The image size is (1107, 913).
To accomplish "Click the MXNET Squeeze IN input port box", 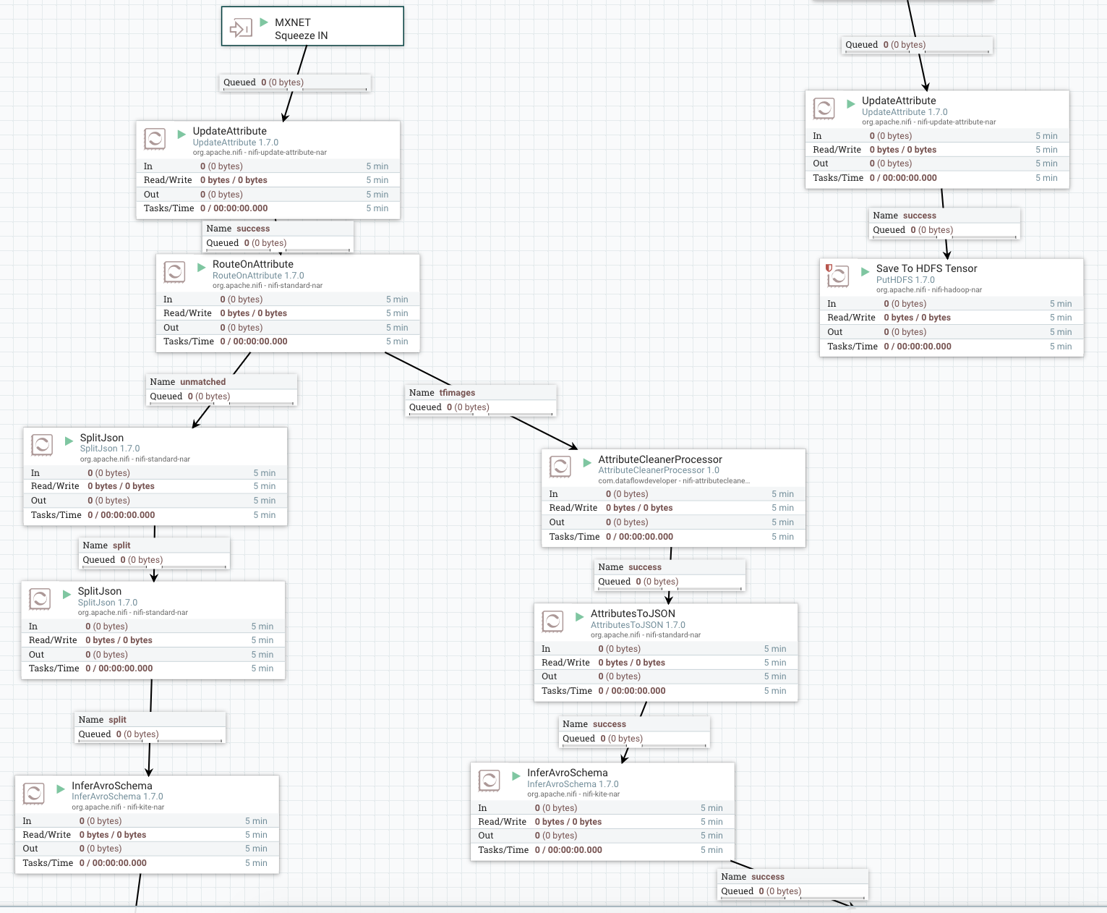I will (x=312, y=27).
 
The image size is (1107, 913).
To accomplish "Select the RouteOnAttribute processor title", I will (x=253, y=264).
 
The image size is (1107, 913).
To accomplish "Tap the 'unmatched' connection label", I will (x=202, y=382).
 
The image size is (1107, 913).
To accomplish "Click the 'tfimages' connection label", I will (x=457, y=393).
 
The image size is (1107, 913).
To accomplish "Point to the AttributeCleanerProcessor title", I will (x=660, y=459).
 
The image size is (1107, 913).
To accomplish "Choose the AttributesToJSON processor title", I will (x=633, y=613).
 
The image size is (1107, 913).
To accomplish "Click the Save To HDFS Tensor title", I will (x=926, y=268).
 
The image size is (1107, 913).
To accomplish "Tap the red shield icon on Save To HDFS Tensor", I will (x=829, y=268).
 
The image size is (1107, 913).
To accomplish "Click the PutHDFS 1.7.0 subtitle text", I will (x=905, y=280).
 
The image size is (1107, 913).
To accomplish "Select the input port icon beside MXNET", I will (x=240, y=28).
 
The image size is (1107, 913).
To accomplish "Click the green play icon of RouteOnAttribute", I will (x=202, y=267).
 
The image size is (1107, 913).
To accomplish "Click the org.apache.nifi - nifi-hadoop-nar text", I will (x=929, y=290).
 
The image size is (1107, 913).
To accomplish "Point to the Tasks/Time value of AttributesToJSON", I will (x=632, y=691).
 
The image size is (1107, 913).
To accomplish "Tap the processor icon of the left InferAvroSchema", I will (x=34, y=793).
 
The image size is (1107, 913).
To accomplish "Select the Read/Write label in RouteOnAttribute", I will (x=187, y=313).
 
